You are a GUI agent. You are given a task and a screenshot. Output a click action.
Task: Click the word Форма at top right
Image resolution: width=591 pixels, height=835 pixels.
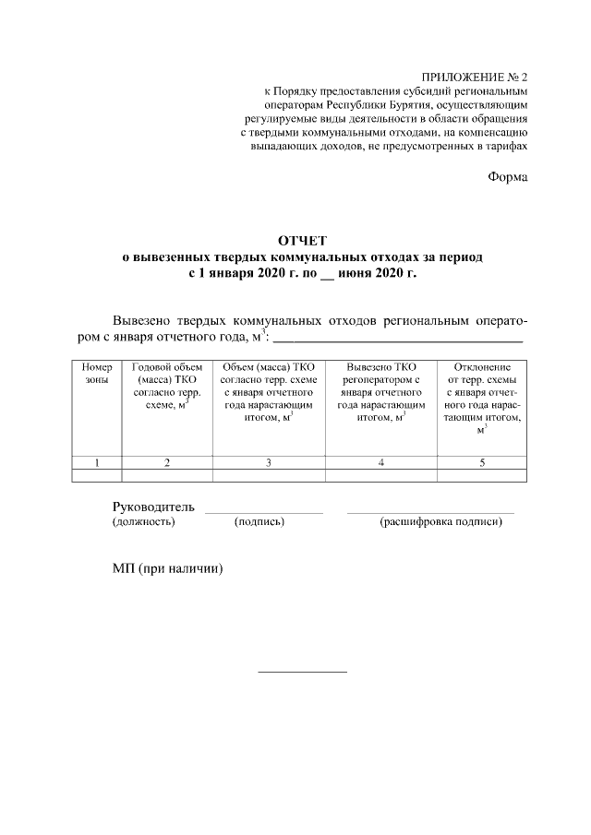(508, 177)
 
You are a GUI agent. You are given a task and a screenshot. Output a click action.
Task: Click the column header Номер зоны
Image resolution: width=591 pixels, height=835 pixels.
(96, 374)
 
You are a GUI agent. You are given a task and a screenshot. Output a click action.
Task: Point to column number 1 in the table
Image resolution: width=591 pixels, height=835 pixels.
(96, 463)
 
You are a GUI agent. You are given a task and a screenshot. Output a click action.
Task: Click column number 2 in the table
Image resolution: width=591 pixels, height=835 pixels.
(166, 463)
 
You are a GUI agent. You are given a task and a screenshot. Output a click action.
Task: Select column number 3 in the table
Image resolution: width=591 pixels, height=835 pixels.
(268, 463)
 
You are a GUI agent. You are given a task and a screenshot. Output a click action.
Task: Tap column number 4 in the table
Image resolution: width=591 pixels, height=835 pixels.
(380, 463)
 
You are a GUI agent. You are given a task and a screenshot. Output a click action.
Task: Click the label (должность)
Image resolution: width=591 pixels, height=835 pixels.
(143, 522)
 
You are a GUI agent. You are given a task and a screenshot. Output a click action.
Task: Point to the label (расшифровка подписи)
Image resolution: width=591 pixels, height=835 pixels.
(440, 522)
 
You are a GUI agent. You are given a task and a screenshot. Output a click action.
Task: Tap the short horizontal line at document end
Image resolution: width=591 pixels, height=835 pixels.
(301, 671)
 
